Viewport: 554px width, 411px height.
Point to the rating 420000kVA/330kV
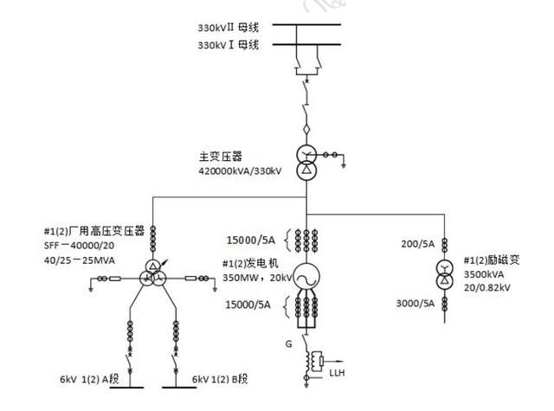(x=240, y=171)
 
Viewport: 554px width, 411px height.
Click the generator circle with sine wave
(x=304, y=277)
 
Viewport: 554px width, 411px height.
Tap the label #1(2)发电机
(x=251, y=264)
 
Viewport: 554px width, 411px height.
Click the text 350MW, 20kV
(x=254, y=279)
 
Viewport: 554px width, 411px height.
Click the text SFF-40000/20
(x=80, y=245)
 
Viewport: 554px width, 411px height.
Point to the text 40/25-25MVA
(x=80, y=259)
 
